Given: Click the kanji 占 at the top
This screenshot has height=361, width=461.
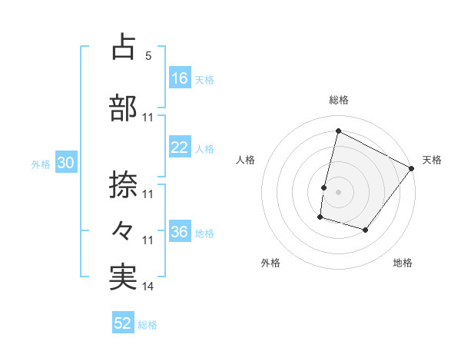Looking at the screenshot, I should pyautogui.click(x=124, y=47).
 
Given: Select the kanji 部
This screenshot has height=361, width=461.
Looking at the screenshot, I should pyautogui.click(x=124, y=108).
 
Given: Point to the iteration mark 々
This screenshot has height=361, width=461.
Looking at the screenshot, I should pyautogui.click(x=124, y=229).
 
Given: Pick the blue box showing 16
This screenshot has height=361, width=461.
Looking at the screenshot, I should pyautogui.click(x=180, y=78).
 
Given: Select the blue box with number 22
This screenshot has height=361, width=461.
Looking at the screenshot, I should pyautogui.click(x=180, y=147).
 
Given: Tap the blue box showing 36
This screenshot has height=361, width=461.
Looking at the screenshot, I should pyautogui.click(x=180, y=232).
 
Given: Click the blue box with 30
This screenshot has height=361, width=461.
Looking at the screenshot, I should pyautogui.click(x=65, y=163).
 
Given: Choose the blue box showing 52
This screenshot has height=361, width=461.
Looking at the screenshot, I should pyautogui.click(x=123, y=323).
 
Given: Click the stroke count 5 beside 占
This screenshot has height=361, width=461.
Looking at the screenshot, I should pyautogui.click(x=148, y=56).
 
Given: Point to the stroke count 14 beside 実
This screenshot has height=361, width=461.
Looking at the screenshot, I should pyautogui.click(x=148, y=286).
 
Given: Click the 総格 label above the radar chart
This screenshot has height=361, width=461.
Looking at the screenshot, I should pyautogui.click(x=338, y=100).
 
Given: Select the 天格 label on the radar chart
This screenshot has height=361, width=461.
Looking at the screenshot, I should pyautogui.click(x=432, y=160).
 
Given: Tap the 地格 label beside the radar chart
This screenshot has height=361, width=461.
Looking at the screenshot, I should pyautogui.click(x=403, y=263).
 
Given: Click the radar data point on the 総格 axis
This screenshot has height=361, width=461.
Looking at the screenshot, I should pyautogui.click(x=338, y=131).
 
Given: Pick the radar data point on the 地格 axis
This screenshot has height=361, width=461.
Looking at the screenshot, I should pyautogui.click(x=366, y=230).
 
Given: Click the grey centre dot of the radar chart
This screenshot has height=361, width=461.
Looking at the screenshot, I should pyautogui.click(x=338, y=192).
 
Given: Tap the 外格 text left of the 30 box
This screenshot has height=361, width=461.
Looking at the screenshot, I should pyautogui.click(x=40, y=164).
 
